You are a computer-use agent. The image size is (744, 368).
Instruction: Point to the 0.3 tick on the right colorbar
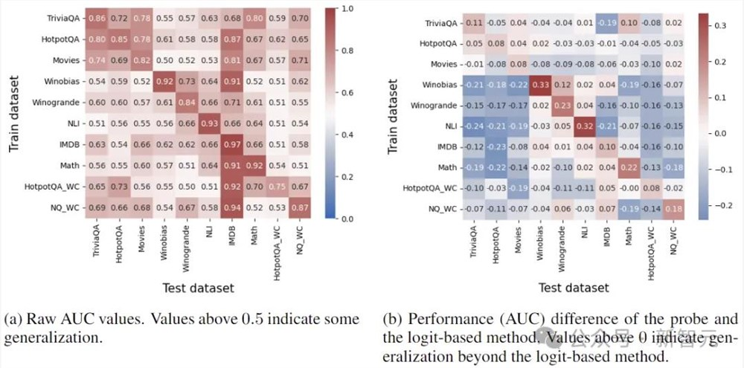(x=722, y=25)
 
